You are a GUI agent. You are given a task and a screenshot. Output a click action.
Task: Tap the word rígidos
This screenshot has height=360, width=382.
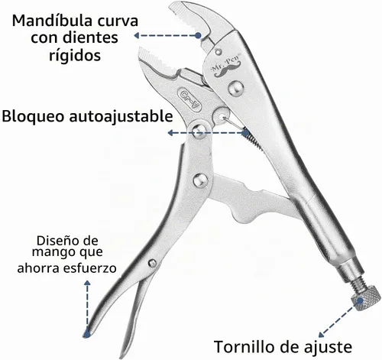pos(75,55)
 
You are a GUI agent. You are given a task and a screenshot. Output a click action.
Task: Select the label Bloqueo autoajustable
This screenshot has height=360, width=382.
pos(87,116)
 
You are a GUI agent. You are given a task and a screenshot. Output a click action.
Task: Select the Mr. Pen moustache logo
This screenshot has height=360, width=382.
pos(226,68)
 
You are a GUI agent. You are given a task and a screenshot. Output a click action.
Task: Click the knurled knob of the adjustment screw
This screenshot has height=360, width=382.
pos(366,298)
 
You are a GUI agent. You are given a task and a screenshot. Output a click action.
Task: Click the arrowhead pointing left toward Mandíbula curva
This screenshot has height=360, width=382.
pos(137,35)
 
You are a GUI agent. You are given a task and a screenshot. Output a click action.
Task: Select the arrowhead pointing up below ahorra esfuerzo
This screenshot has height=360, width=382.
pos(87,283)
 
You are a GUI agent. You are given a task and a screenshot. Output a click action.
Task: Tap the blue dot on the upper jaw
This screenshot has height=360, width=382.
pos(198,35)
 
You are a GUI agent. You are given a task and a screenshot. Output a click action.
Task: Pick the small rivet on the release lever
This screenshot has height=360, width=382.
pos(153,263)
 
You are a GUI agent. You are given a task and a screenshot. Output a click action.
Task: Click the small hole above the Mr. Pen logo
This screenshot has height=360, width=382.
pos(218,52)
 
